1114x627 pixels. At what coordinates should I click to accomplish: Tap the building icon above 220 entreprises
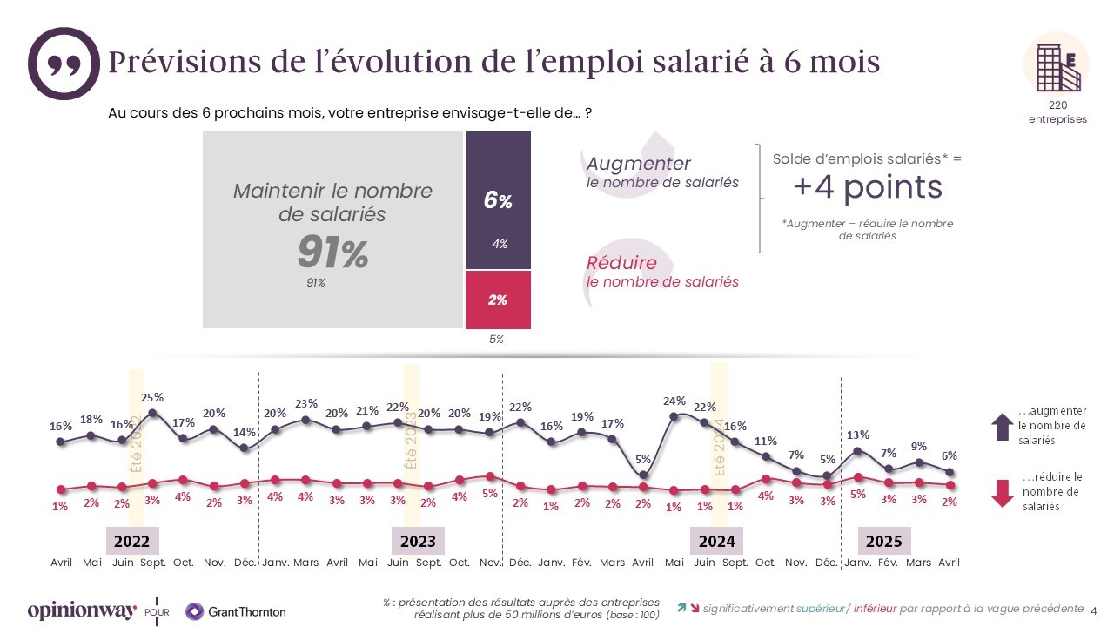[1057, 63]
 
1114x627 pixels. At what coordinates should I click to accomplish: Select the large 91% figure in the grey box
[332, 253]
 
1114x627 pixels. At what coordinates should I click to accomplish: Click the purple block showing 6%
[498, 201]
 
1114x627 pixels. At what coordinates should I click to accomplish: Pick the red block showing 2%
[498, 300]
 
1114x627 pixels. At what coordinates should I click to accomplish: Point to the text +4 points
[867, 187]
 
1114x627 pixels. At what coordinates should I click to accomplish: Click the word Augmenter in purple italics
[639, 164]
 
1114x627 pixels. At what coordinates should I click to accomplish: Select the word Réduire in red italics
[621, 263]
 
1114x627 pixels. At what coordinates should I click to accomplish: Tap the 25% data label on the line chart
[152, 398]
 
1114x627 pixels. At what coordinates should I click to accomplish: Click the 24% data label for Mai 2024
[674, 401]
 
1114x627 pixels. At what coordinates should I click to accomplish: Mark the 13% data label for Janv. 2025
[857, 435]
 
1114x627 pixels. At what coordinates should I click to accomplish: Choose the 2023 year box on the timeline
[418, 541]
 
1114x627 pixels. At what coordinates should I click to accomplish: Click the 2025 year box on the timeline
[884, 541]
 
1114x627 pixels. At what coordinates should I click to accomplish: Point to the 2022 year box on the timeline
[131, 541]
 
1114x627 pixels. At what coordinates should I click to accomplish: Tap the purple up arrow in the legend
[1002, 427]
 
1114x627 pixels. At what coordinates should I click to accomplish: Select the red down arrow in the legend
[1003, 493]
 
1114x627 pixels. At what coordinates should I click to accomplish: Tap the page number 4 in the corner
[1094, 610]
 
